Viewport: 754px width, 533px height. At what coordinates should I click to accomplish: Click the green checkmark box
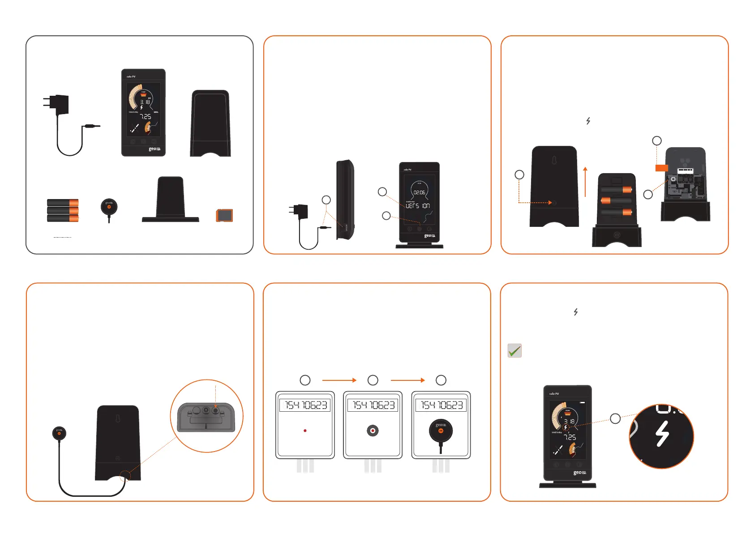[x=514, y=350]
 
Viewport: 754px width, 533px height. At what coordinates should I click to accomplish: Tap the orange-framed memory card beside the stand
[x=224, y=215]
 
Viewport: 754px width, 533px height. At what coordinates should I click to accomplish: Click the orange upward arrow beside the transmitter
[x=585, y=182]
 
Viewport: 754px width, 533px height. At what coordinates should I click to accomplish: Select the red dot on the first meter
[x=305, y=431]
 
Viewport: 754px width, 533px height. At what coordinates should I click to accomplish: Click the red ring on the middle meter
[x=373, y=431]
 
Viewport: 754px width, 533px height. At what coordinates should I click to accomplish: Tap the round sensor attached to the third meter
[x=441, y=431]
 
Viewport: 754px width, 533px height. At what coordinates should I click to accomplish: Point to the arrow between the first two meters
[x=339, y=380]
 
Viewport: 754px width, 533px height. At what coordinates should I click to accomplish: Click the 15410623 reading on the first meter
[x=305, y=405]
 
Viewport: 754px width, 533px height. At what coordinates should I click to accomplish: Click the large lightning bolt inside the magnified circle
[x=662, y=434]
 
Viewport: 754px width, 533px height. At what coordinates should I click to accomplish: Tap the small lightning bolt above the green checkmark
[x=576, y=312]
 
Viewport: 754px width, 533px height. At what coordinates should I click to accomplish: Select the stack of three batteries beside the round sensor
[x=63, y=210]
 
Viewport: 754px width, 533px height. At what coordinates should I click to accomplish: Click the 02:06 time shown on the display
[x=419, y=192]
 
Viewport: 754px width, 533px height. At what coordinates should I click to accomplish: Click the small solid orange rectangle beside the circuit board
[x=662, y=168]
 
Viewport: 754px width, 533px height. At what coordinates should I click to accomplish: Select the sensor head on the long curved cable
[x=59, y=433]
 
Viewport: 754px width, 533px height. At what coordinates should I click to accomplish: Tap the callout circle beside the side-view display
[x=326, y=200]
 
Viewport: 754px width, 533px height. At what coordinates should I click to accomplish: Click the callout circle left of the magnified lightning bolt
[x=616, y=418]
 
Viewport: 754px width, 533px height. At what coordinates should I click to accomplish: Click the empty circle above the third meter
[x=441, y=380]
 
